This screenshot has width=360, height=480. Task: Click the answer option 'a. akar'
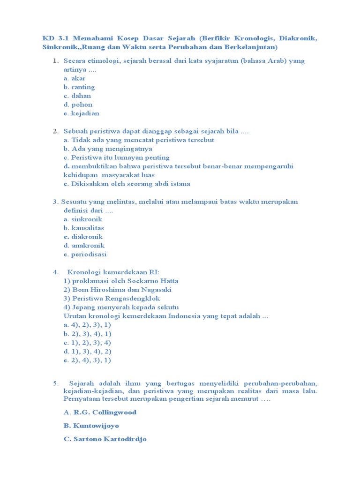(75, 78)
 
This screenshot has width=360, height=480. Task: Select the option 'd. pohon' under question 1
(78, 105)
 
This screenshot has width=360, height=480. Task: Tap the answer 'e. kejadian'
(81, 113)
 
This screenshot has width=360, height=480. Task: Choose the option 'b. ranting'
(79, 87)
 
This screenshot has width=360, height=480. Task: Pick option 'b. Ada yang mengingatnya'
(108, 149)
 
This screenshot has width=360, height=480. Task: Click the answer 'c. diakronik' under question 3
(83, 237)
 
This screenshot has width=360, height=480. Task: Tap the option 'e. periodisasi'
(85, 255)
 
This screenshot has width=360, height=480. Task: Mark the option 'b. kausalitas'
(83, 228)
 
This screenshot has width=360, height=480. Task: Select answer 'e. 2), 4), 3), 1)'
(87, 360)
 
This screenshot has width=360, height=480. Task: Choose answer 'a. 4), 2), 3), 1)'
(87, 325)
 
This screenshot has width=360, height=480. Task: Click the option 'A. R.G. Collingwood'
(100, 412)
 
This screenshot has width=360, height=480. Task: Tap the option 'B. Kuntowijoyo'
(91, 426)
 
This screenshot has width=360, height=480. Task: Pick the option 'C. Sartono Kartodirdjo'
(105, 440)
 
